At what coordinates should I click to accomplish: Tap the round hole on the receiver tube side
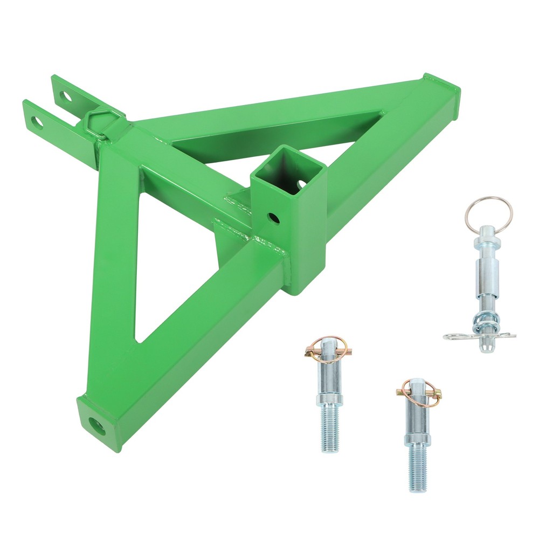[274, 218]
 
